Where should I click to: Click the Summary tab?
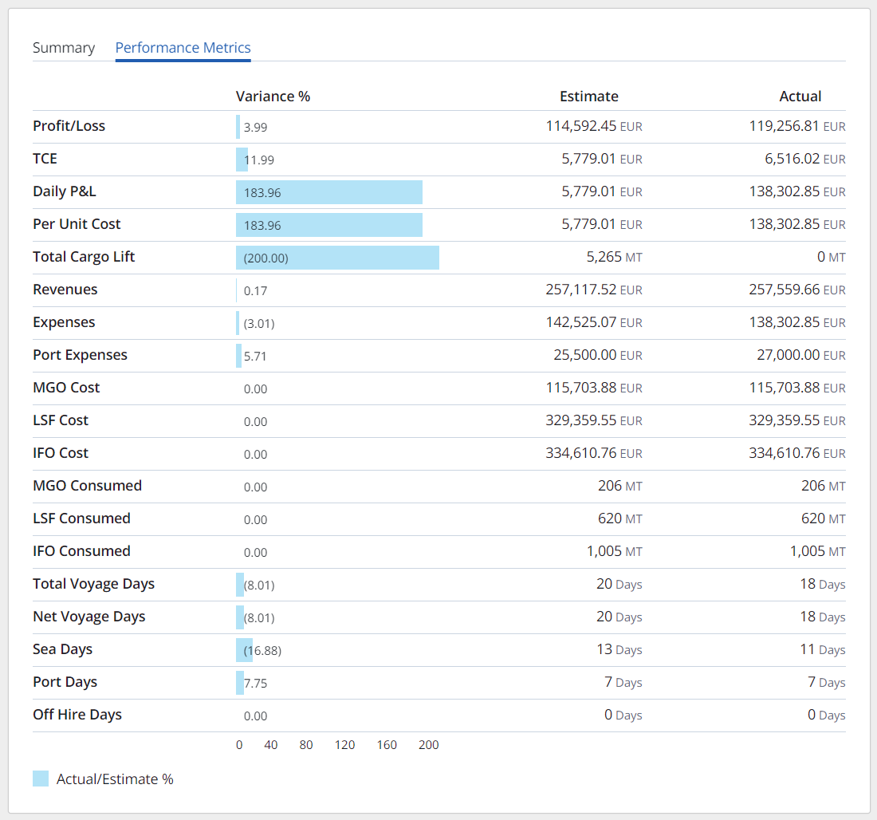[64, 48]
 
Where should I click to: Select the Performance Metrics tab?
[183, 48]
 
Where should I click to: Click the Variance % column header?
[273, 97]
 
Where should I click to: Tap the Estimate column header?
[588, 97]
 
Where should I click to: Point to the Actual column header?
[800, 97]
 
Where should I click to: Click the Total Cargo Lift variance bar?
[337, 258]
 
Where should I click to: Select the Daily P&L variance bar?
[328, 192]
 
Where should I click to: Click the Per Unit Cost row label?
[77, 224]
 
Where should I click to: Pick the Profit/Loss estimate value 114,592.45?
[581, 126]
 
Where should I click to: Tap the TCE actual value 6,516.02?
[792, 159]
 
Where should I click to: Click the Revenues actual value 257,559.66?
[785, 290]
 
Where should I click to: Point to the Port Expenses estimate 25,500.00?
[585, 355]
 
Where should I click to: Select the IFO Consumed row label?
[81, 551]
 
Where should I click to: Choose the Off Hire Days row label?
[77, 715]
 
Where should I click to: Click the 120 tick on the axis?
[344, 745]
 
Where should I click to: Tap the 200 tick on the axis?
[428, 745]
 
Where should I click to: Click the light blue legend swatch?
[41, 779]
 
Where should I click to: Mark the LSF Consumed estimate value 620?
[609, 518]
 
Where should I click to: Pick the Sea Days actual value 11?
[807, 649]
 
